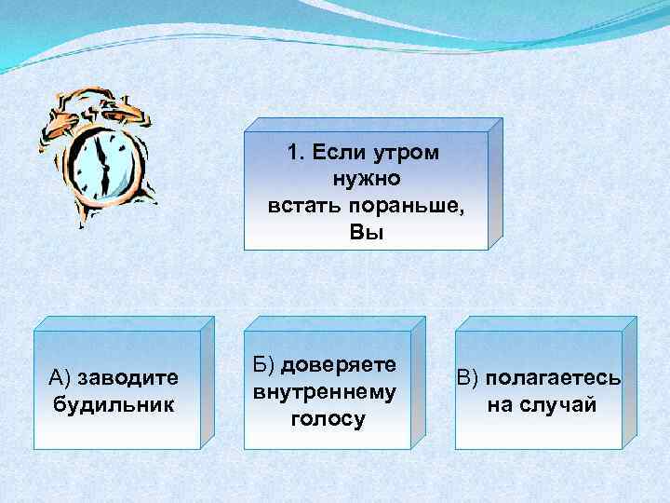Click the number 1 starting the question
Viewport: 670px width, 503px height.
coord(293,152)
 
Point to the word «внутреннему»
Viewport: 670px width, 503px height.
coord(325,391)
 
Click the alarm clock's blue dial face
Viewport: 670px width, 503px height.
coord(103,158)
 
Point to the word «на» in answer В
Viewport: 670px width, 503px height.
coord(500,405)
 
